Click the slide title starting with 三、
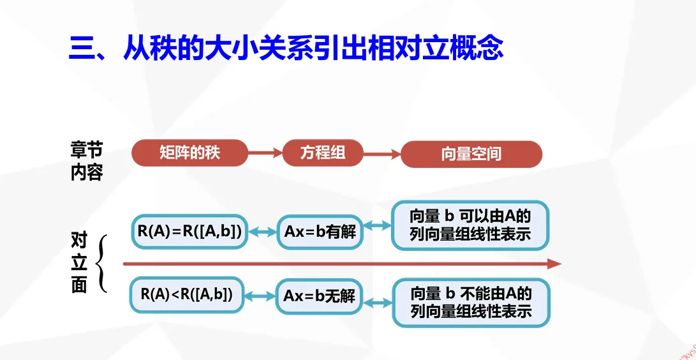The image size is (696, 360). pos(285,48)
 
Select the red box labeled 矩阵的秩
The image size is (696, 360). pos(189,153)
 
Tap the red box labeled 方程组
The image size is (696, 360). pos(322,153)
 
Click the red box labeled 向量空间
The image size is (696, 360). pos(471,154)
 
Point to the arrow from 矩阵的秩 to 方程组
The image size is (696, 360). pos(265,153)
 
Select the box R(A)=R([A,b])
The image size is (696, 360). pos(189,232)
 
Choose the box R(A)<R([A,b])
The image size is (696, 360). pos(186,294)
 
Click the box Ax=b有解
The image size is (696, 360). pos(320,232)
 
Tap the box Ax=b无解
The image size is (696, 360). pos(319,296)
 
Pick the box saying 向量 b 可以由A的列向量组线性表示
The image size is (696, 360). pos(470,225)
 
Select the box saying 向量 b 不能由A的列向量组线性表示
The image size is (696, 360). pos(471,303)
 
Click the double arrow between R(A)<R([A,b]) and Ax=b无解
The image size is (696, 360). pos(260,296)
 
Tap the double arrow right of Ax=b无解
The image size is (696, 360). pos(377,303)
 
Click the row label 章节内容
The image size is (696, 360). pos(86,161)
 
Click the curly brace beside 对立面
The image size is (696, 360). pos(101,263)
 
